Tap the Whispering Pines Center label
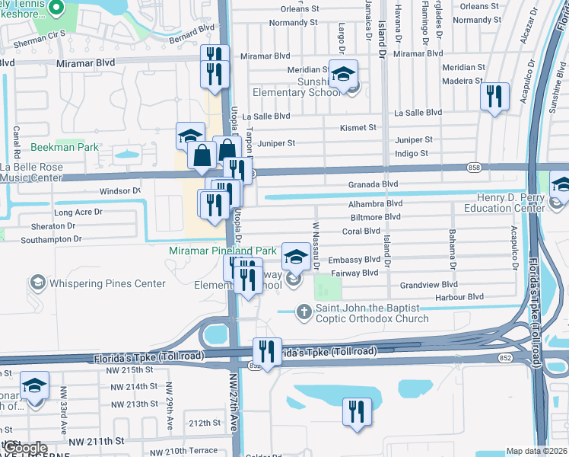point(107,284)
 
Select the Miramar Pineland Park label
point(222,251)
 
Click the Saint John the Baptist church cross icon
point(304,310)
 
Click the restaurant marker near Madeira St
point(495,96)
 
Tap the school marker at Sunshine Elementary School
point(344,75)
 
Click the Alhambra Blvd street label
point(375,203)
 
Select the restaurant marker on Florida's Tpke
point(267,351)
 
